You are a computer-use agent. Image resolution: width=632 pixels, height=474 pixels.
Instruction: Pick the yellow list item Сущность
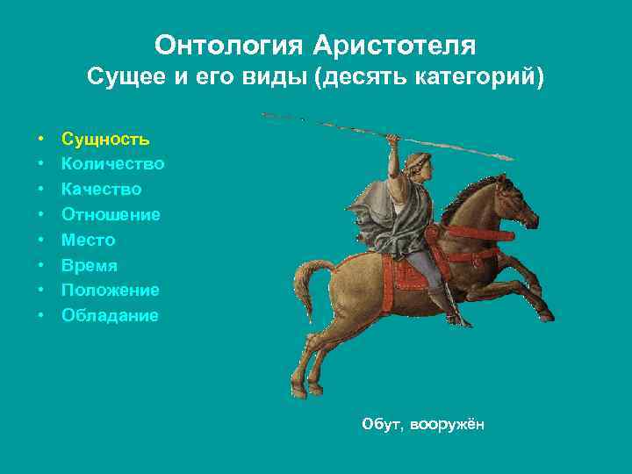coord(105,139)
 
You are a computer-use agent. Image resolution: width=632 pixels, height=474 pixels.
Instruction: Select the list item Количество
coord(112,164)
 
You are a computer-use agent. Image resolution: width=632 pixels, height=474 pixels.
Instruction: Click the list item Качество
coord(101,190)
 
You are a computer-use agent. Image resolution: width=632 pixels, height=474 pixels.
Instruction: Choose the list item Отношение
coord(111,214)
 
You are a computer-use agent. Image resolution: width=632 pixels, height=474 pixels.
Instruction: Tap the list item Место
coord(88,240)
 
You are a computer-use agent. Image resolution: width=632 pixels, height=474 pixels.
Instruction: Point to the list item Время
coord(89,265)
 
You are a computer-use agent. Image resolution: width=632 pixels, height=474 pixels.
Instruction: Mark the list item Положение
coord(110,290)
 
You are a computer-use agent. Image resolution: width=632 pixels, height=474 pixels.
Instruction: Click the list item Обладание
coord(110,315)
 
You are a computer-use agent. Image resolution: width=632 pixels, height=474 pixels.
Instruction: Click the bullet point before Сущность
coord(41,140)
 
